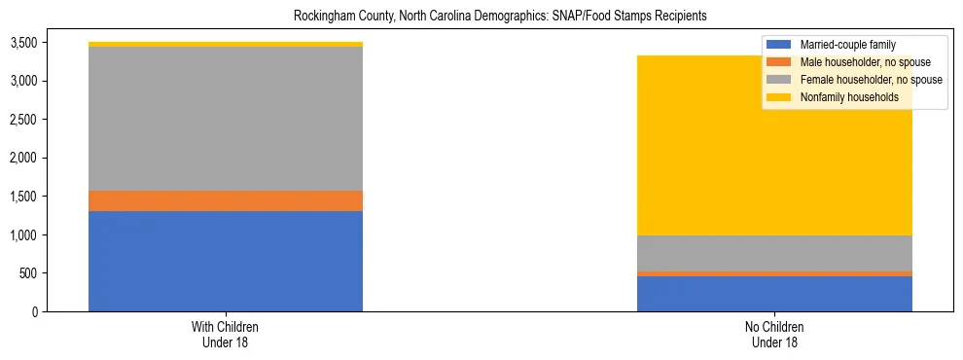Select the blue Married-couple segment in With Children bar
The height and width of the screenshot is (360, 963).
click(226, 261)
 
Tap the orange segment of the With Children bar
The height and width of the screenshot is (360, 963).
click(226, 200)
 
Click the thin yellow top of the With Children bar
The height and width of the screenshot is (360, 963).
click(226, 44)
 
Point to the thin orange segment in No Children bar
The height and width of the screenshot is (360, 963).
click(774, 273)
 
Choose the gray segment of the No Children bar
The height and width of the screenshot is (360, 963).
click(774, 253)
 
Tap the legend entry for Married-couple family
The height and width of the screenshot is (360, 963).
click(847, 45)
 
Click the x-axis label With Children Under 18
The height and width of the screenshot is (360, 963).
click(226, 334)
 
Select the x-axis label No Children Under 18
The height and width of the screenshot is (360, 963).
click(774, 334)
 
